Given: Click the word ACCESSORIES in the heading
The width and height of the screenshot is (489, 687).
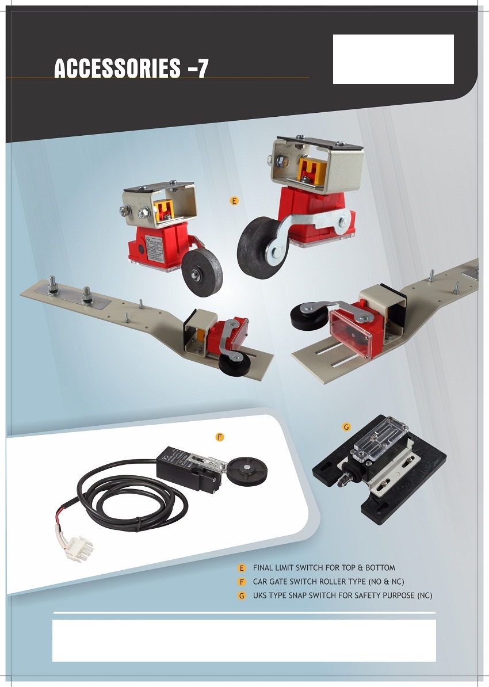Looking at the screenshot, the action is point(117,68).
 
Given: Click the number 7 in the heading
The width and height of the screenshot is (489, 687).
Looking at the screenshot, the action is point(203,69).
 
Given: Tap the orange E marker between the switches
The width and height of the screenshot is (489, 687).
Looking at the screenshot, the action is point(234,201).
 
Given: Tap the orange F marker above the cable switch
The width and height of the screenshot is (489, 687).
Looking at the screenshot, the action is point(220,437).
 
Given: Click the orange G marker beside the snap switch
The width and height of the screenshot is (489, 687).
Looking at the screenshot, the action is point(346,427).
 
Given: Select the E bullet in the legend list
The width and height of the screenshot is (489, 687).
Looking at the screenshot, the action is point(242,568).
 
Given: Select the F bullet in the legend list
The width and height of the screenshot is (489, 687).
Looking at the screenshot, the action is point(242,582).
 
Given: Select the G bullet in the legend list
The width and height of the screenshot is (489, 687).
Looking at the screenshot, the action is point(242,596).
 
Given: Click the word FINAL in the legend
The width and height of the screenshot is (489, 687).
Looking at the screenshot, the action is point(263,568).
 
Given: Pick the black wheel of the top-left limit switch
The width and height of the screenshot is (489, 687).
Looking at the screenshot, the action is point(202,272).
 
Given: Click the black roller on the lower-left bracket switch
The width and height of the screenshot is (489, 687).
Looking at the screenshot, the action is point(234,364).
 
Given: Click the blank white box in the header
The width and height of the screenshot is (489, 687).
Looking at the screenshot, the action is point(394,59).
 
